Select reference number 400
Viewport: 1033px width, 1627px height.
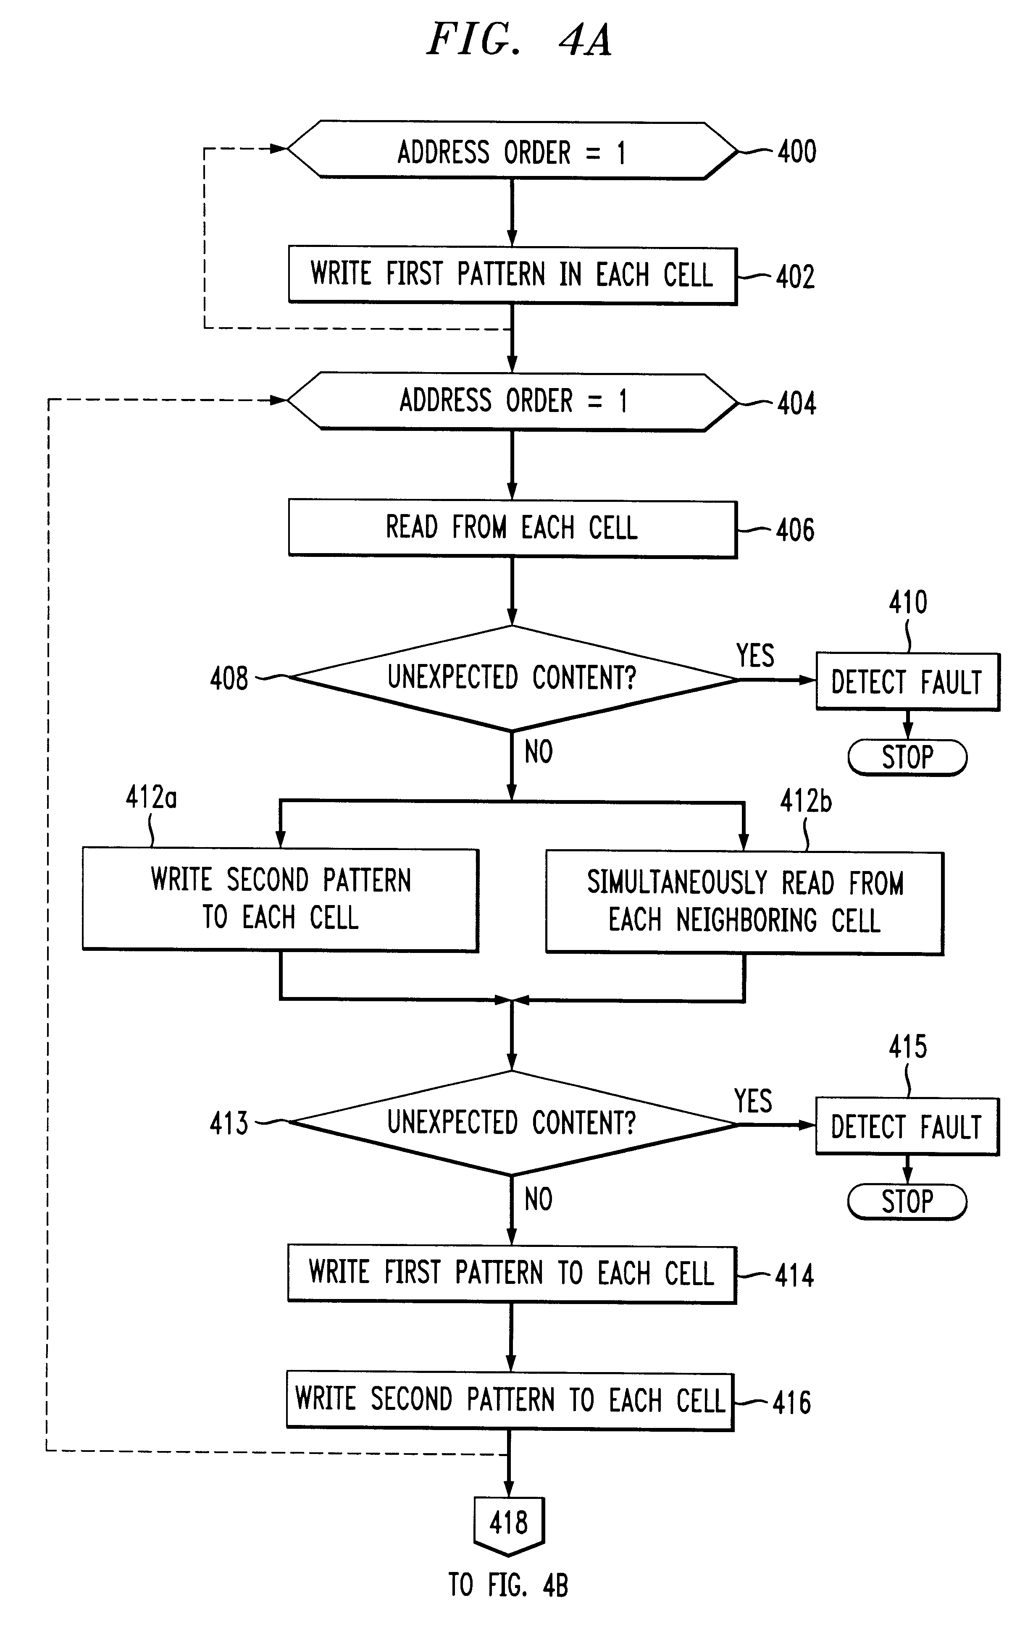(x=796, y=151)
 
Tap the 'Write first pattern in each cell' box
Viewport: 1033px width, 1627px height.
(x=512, y=275)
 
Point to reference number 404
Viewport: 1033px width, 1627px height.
(x=796, y=403)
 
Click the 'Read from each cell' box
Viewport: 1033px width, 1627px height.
(x=512, y=527)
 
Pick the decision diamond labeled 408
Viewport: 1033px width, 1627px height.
(x=512, y=678)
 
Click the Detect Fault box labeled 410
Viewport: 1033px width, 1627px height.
(x=907, y=681)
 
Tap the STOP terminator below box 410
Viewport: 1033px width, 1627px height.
(x=907, y=757)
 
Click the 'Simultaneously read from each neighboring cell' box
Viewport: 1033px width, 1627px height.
(x=744, y=902)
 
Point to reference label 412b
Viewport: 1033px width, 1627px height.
(x=805, y=801)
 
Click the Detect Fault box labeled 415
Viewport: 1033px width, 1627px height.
(x=907, y=1126)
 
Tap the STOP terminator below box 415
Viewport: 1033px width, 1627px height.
(x=907, y=1201)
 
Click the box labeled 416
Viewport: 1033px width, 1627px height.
(x=510, y=1399)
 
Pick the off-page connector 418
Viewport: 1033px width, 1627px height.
(x=508, y=1523)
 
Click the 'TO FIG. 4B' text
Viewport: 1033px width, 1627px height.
(x=508, y=1585)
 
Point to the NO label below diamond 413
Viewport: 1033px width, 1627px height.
(x=538, y=1199)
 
